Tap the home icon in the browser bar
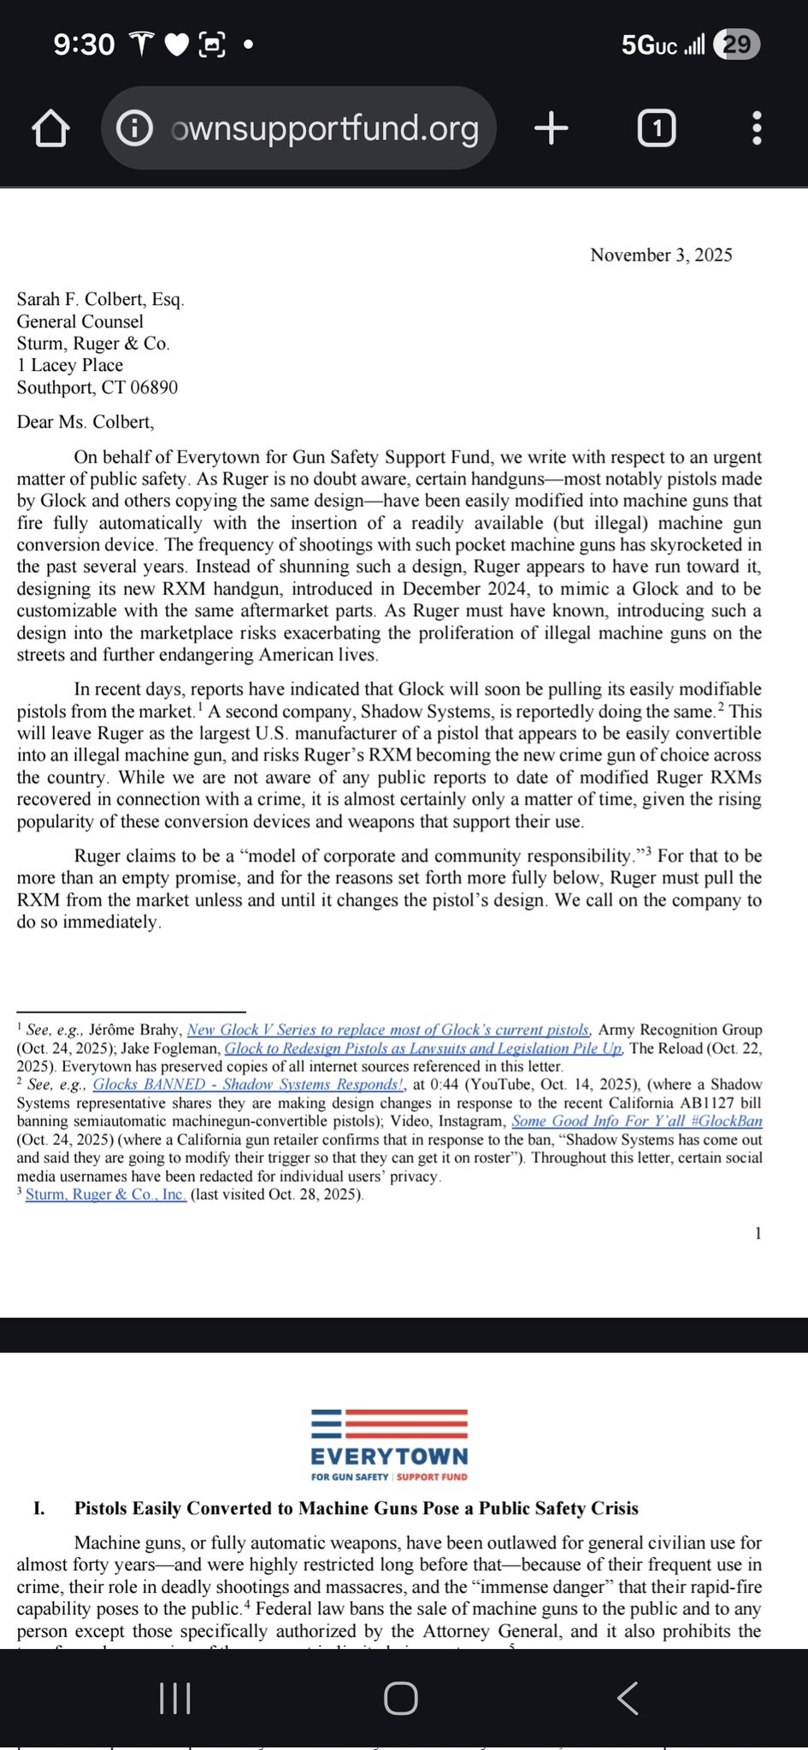[x=50, y=128]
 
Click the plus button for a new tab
[x=551, y=128]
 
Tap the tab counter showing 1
[x=657, y=128]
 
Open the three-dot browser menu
[x=757, y=128]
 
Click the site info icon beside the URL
[x=134, y=128]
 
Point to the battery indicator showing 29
[x=737, y=44]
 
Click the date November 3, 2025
[x=661, y=255]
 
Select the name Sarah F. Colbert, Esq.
[x=100, y=299]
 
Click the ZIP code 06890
[x=154, y=387]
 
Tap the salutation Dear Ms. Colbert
[x=86, y=421]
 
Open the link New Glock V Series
[x=388, y=1030]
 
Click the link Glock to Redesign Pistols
[x=423, y=1048]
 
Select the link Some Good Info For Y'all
[x=637, y=1121]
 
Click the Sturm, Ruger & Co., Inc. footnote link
[x=106, y=1195]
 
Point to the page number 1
[x=758, y=1233]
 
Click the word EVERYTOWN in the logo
[x=389, y=1456]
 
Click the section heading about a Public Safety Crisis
[x=356, y=1508]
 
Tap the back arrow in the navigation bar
[x=628, y=1699]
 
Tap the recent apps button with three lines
[x=175, y=1699]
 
